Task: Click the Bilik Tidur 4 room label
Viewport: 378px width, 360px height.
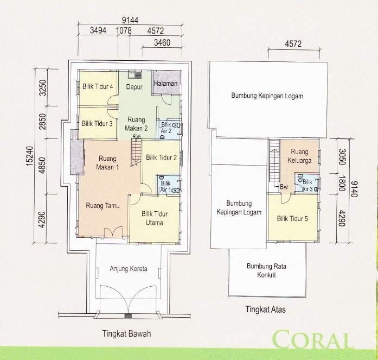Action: [98, 86]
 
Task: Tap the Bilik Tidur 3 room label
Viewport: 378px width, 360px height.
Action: [98, 123]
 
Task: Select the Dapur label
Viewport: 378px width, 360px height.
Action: [134, 86]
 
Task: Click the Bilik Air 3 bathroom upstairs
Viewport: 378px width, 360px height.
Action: [306, 185]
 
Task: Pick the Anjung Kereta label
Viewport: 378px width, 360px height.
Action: [129, 268]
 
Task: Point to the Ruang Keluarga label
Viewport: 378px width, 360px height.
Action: [299, 155]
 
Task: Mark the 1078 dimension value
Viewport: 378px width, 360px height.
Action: [124, 31]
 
